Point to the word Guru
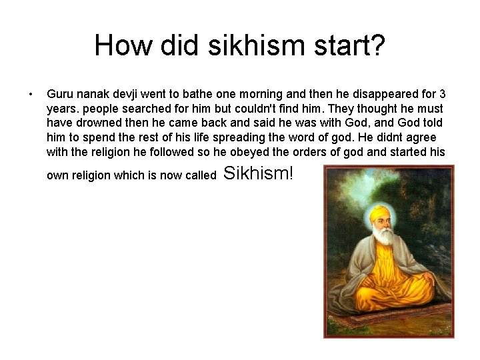pos(59,93)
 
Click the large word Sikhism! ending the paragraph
pos(258,175)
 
